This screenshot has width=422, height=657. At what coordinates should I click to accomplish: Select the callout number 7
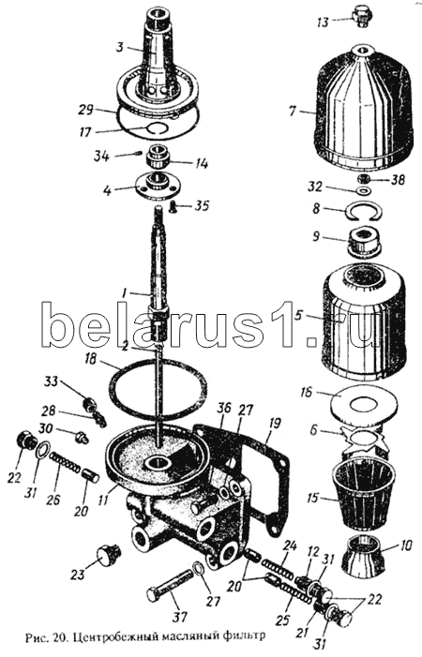click(293, 112)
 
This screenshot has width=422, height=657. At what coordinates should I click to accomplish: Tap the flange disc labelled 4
click(155, 184)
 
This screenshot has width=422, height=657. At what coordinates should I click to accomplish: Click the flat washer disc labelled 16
click(363, 403)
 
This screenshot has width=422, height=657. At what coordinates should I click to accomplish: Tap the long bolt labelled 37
click(170, 585)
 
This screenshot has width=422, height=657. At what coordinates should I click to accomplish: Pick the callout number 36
click(224, 410)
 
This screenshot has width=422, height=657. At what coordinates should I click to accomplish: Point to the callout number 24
click(290, 546)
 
